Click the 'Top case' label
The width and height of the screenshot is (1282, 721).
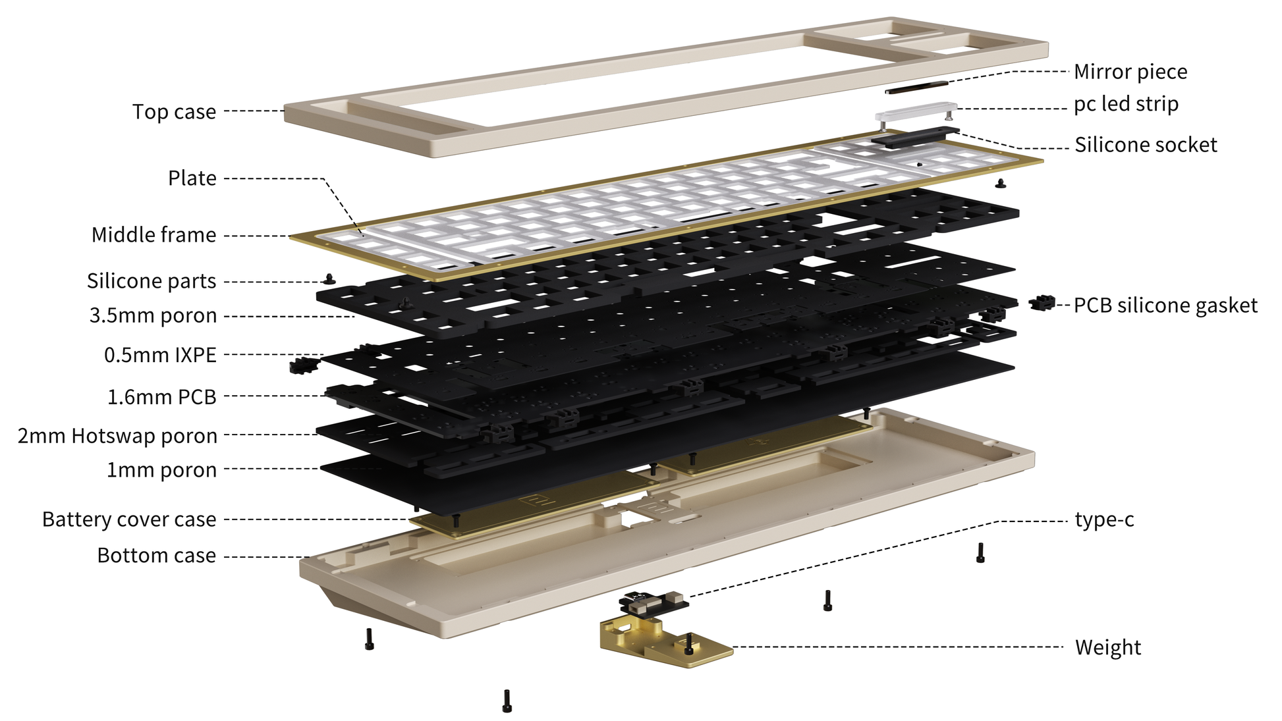174,112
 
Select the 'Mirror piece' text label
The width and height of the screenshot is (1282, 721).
1130,72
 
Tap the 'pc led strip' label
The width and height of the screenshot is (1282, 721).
1126,104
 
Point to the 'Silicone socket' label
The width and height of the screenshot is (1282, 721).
1146,145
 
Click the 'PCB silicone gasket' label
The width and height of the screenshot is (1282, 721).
1165,306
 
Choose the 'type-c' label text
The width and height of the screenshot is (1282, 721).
1104,520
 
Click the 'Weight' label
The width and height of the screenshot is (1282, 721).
1108,647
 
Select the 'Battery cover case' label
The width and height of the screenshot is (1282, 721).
129,520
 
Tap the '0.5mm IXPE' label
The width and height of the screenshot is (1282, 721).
160,355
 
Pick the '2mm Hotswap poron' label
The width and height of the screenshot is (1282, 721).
117,436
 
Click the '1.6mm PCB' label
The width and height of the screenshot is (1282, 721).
162,397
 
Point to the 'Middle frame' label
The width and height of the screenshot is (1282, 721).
153,235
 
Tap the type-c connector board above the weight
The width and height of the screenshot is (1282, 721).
654,602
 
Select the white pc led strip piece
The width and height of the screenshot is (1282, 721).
916,111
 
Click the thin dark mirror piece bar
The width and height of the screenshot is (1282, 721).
916,87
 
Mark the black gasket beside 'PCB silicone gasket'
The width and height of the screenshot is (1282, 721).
1042,303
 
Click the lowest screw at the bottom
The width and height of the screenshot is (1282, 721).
507,701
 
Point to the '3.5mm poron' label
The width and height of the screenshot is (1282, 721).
153,316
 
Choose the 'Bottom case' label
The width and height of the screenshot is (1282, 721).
156,556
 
